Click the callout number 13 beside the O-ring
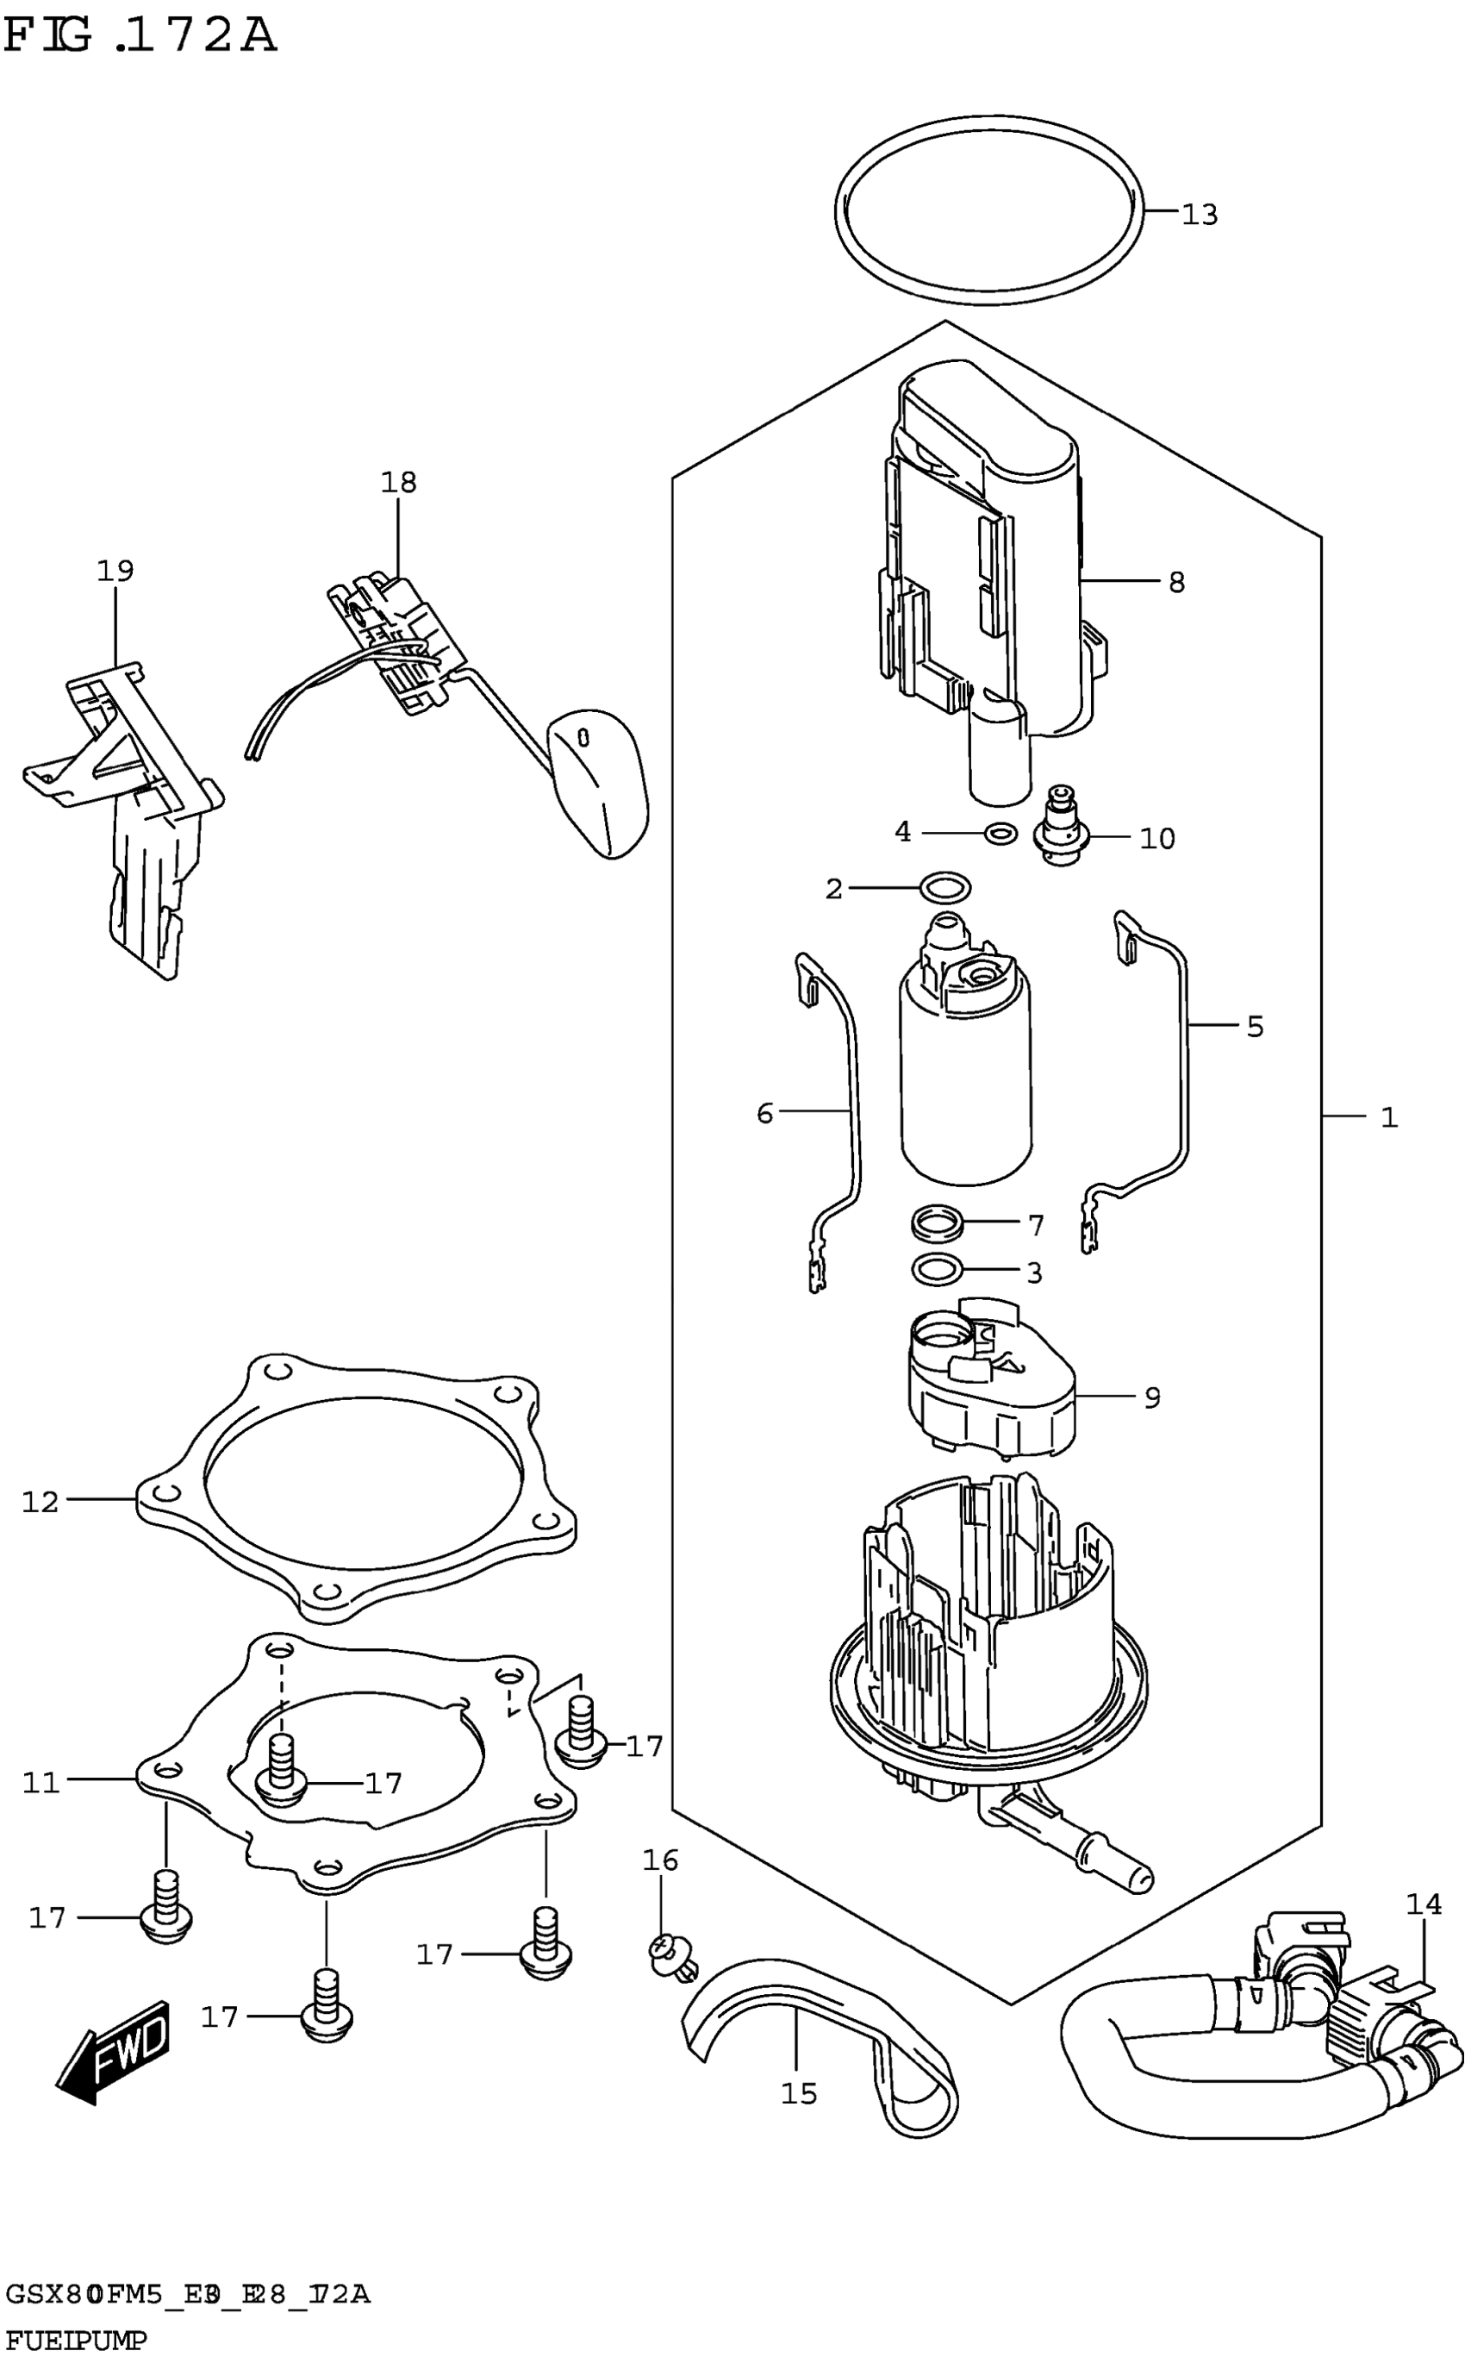point(1200,214)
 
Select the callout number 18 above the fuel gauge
point(398,482)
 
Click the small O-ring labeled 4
point(1000,833)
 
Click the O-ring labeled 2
point(945,887)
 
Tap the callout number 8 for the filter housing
point(1176,583)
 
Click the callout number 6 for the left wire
point(764,1114)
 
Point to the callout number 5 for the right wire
point(1255,1027)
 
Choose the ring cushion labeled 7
point(938,1225)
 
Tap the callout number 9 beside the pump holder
point(1151,1397)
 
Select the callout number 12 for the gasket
point(41,1501)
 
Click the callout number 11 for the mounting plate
point(41,1782)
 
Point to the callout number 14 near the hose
point(1424,1904)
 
